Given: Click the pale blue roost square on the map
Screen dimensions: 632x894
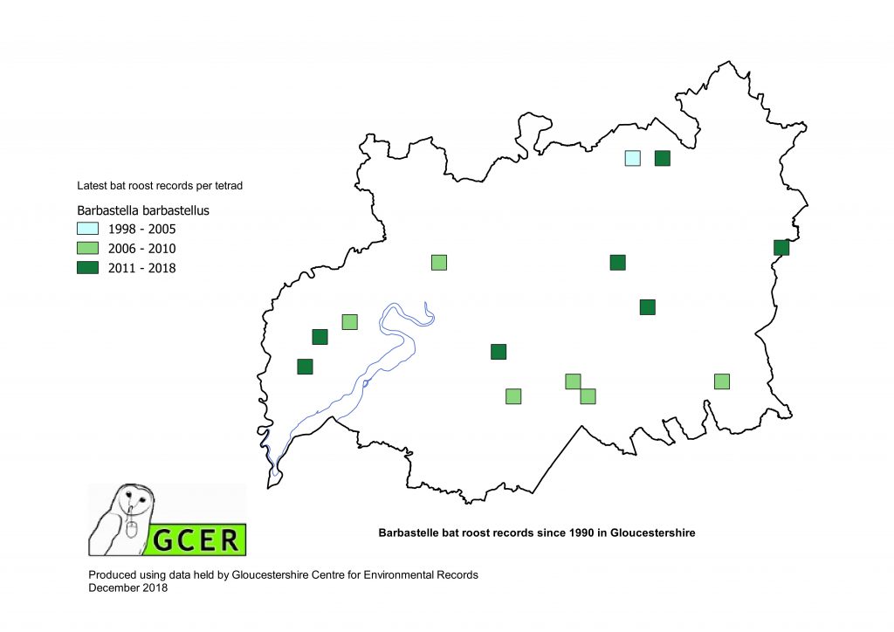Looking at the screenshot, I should tap(633, 158).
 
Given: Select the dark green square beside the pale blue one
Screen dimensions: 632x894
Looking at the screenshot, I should tap(662, 158).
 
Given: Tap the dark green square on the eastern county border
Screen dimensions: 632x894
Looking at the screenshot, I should tap(781, 247).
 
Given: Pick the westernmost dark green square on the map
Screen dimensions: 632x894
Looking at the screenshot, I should tap(305, 367).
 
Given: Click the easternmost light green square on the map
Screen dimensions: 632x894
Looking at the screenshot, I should tap(721, 381).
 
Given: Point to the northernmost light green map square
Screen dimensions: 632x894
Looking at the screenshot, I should tap(438, 262).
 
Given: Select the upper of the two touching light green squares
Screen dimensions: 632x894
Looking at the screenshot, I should tap(573, 381).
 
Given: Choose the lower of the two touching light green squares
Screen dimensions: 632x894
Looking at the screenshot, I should tap(588, 396).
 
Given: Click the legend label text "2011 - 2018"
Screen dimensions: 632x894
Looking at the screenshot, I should tap(141, 268).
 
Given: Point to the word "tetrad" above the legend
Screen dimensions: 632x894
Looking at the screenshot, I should tap(237, 186).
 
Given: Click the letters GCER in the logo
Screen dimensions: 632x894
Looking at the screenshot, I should tap(196, 539).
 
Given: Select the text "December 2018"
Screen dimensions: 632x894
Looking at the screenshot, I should tap(128, 587).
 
